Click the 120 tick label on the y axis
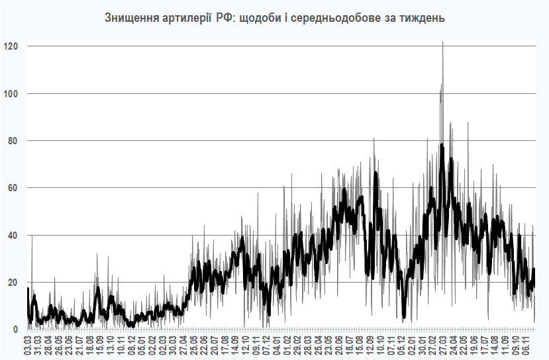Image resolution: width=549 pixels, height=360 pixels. point(11,46)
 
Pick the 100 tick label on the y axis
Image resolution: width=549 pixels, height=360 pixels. point(11,93)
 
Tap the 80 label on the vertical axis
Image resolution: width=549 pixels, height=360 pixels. point(13,141)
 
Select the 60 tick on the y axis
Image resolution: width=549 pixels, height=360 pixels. point(13,188)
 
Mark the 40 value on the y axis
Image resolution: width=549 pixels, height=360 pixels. point(13,235)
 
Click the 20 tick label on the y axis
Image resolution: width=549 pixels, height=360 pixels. point(13,283)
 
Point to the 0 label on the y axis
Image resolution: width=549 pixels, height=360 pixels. point(15,330)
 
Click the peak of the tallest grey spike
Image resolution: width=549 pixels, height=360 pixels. point(442,42)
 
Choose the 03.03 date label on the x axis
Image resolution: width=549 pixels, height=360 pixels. point(28,345)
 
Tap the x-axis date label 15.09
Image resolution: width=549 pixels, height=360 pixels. point(100,345)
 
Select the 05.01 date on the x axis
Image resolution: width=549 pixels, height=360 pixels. point(142,345)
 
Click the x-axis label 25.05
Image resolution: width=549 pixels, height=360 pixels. point(193,345)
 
